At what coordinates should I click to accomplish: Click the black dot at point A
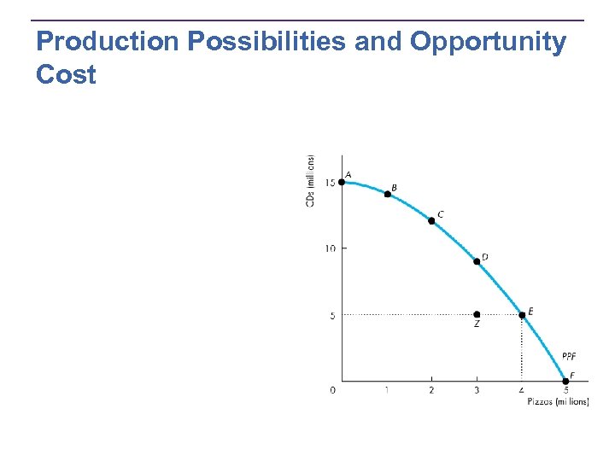(342, 182)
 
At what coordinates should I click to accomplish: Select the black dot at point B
(387, 195)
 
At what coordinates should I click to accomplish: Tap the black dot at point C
(431, 221)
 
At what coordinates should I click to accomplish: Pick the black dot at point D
(477, 261)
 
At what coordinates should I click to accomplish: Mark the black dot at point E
(522, 315)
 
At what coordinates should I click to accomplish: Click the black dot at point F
(565, 382)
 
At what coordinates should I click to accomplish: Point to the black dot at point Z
(477, 315)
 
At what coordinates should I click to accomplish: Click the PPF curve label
(570, 356)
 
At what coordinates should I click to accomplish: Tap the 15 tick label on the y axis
(330, 183)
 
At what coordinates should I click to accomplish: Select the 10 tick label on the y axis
(330, 248)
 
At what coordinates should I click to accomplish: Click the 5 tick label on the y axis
(332, 316)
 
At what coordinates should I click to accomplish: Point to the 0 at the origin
(333, 391)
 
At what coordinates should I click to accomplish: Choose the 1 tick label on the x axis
(387, 391)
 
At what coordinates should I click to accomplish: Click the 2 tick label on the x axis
(431, 391)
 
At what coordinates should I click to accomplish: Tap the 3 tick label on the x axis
(477, 391)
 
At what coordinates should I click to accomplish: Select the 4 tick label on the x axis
(522, 391)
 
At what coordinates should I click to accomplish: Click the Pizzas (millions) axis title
(558, 402)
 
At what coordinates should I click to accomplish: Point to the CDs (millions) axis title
(312, 180)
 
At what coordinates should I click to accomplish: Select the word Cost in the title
(67, 74)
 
